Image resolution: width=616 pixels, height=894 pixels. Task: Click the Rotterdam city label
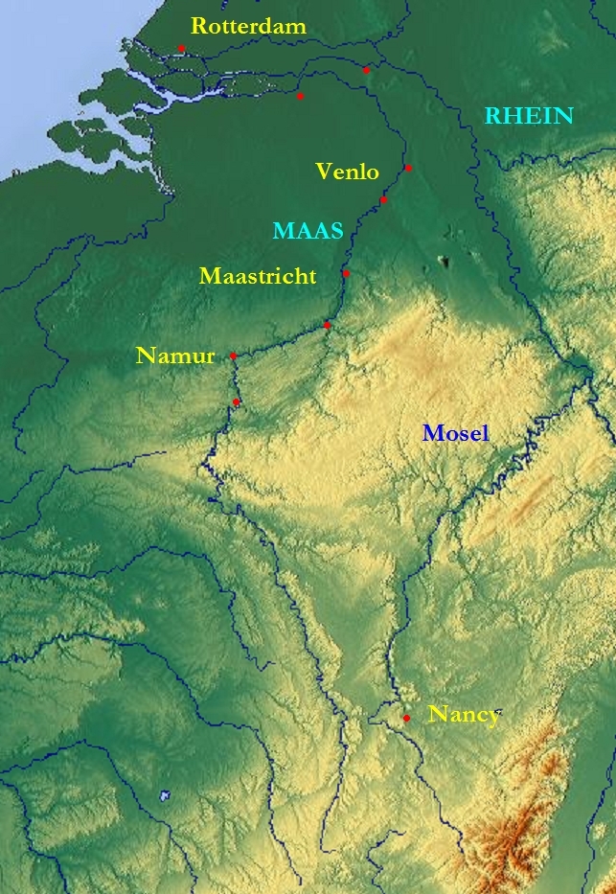coord(248,26)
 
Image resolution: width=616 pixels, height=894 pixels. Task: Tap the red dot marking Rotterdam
coord(181,48)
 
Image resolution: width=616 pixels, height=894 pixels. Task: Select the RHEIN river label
coord(529,116)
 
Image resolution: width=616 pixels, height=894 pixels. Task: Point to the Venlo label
coord(347,172)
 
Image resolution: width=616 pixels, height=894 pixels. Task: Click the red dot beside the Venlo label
coord(408,168)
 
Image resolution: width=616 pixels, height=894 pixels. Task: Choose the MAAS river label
coord(308,231)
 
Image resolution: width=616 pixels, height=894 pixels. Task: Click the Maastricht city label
coord(258,277)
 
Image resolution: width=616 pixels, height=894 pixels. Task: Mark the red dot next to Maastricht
coord(346,274)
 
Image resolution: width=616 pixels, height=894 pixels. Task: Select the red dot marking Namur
coord(233,355)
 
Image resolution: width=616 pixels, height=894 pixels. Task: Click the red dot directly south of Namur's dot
coord(236,401)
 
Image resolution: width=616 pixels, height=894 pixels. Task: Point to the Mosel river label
coord(455,433)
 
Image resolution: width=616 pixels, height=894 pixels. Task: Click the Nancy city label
coord(464,715)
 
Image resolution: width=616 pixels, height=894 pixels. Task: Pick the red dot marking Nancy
coord(406,718)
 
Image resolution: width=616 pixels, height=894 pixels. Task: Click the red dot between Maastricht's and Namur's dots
coord(328,326)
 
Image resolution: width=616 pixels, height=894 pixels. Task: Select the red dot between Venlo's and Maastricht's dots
coord(383,200)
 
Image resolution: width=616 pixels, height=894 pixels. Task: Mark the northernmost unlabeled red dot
coord(366,69)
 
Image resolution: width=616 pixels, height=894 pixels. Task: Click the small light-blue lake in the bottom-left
coord(165,795)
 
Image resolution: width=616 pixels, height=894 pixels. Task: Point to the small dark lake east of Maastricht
coord(444,260)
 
